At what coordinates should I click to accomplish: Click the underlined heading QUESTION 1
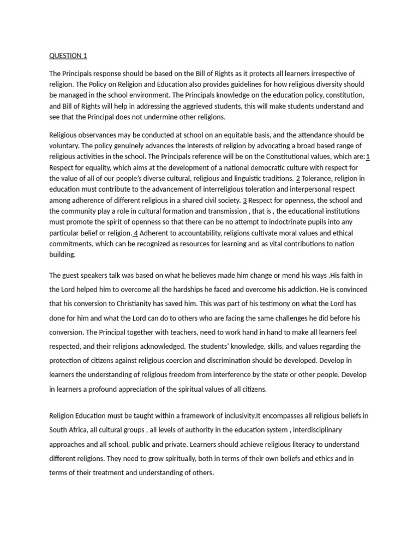[x=68, y=56]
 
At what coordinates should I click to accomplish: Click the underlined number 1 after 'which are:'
[x=368, y=157]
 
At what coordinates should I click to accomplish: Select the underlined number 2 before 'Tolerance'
[x=298, y=178]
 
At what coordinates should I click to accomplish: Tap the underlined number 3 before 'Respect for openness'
[x=245, y=200]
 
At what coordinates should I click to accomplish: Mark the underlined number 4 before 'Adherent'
[x=136, y=233]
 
